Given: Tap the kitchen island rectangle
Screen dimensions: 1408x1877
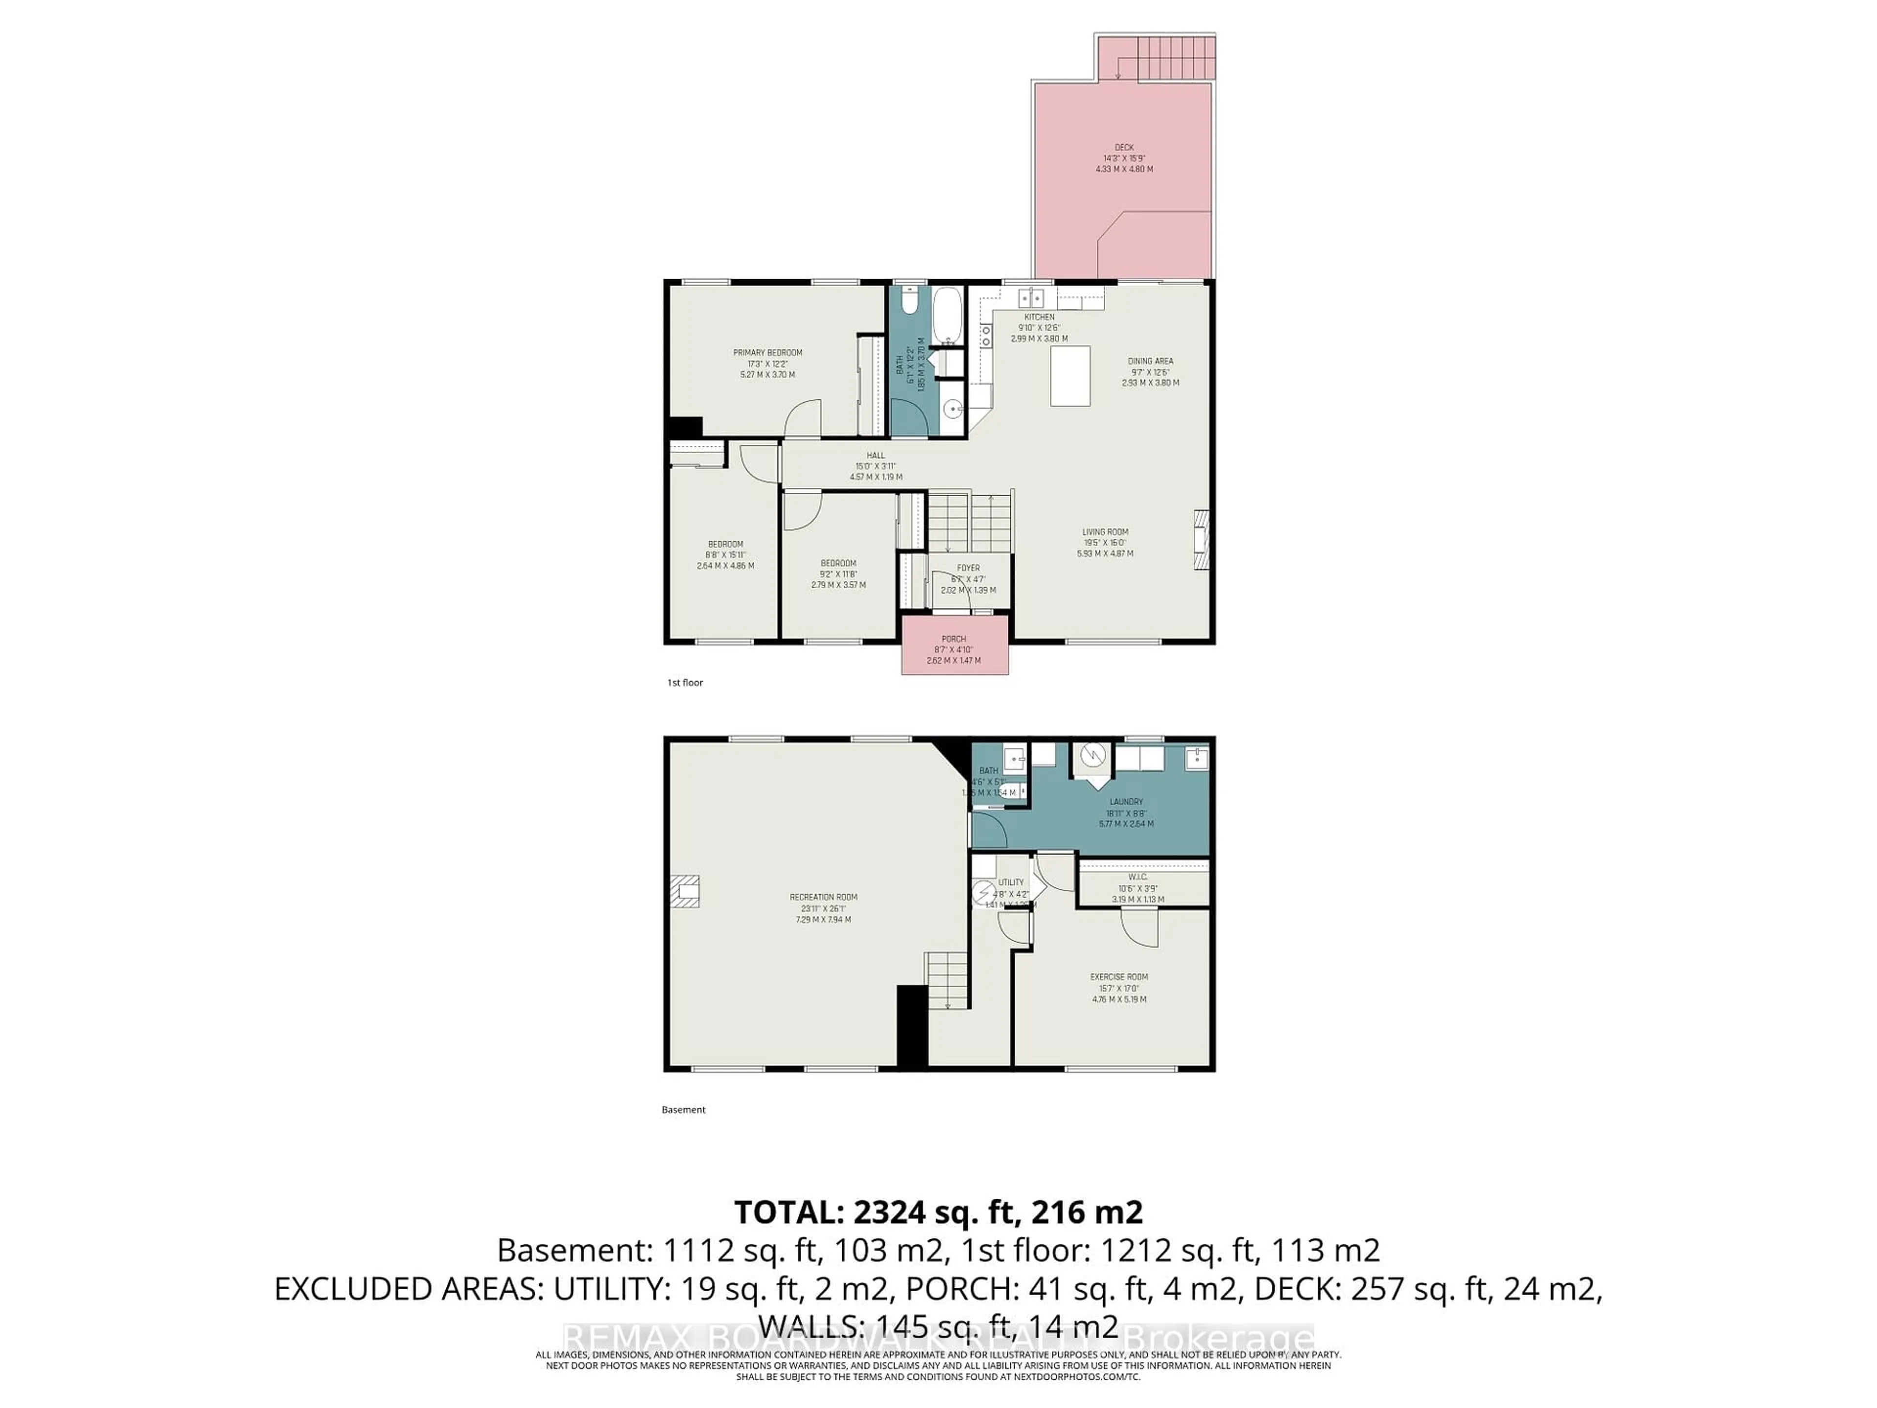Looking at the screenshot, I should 1070,376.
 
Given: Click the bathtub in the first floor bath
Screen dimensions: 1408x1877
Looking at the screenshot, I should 948,316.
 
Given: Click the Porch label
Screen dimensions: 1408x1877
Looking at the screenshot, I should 954,639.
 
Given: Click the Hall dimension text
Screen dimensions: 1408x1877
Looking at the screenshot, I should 876,466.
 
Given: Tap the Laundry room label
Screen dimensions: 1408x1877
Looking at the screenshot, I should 1126,801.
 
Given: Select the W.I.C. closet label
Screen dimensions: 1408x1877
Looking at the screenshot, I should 1138,877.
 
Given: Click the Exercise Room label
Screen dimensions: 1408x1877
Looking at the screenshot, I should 1119,977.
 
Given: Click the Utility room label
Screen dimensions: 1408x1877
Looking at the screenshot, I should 1011,882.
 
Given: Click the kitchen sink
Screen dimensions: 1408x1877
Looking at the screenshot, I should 1031,298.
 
